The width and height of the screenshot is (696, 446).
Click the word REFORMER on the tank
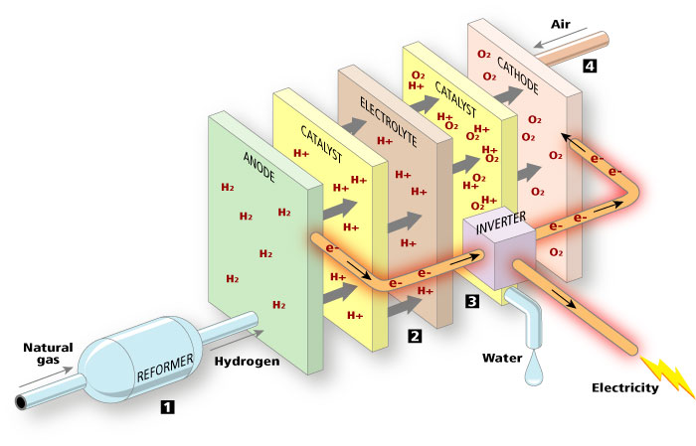165,368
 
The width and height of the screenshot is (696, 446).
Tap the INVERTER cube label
501,223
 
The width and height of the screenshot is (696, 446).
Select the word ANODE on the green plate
260,167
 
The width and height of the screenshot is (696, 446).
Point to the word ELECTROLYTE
389,122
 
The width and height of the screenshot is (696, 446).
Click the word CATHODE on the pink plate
518,75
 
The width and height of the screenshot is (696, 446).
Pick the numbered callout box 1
167,406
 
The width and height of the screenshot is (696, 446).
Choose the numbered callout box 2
415,336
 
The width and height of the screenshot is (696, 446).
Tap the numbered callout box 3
472,301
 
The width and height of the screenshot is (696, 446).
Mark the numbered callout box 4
590,67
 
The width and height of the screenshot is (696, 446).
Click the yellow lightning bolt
668,375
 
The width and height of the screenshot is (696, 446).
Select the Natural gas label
48,354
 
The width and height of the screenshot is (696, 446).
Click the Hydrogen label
248,362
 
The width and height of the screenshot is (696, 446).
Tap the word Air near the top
561,24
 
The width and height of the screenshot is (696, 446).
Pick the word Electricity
625,388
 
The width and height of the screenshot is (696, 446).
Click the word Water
502,358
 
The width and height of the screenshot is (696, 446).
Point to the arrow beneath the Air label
556,38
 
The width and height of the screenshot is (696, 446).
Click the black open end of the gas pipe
21,402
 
